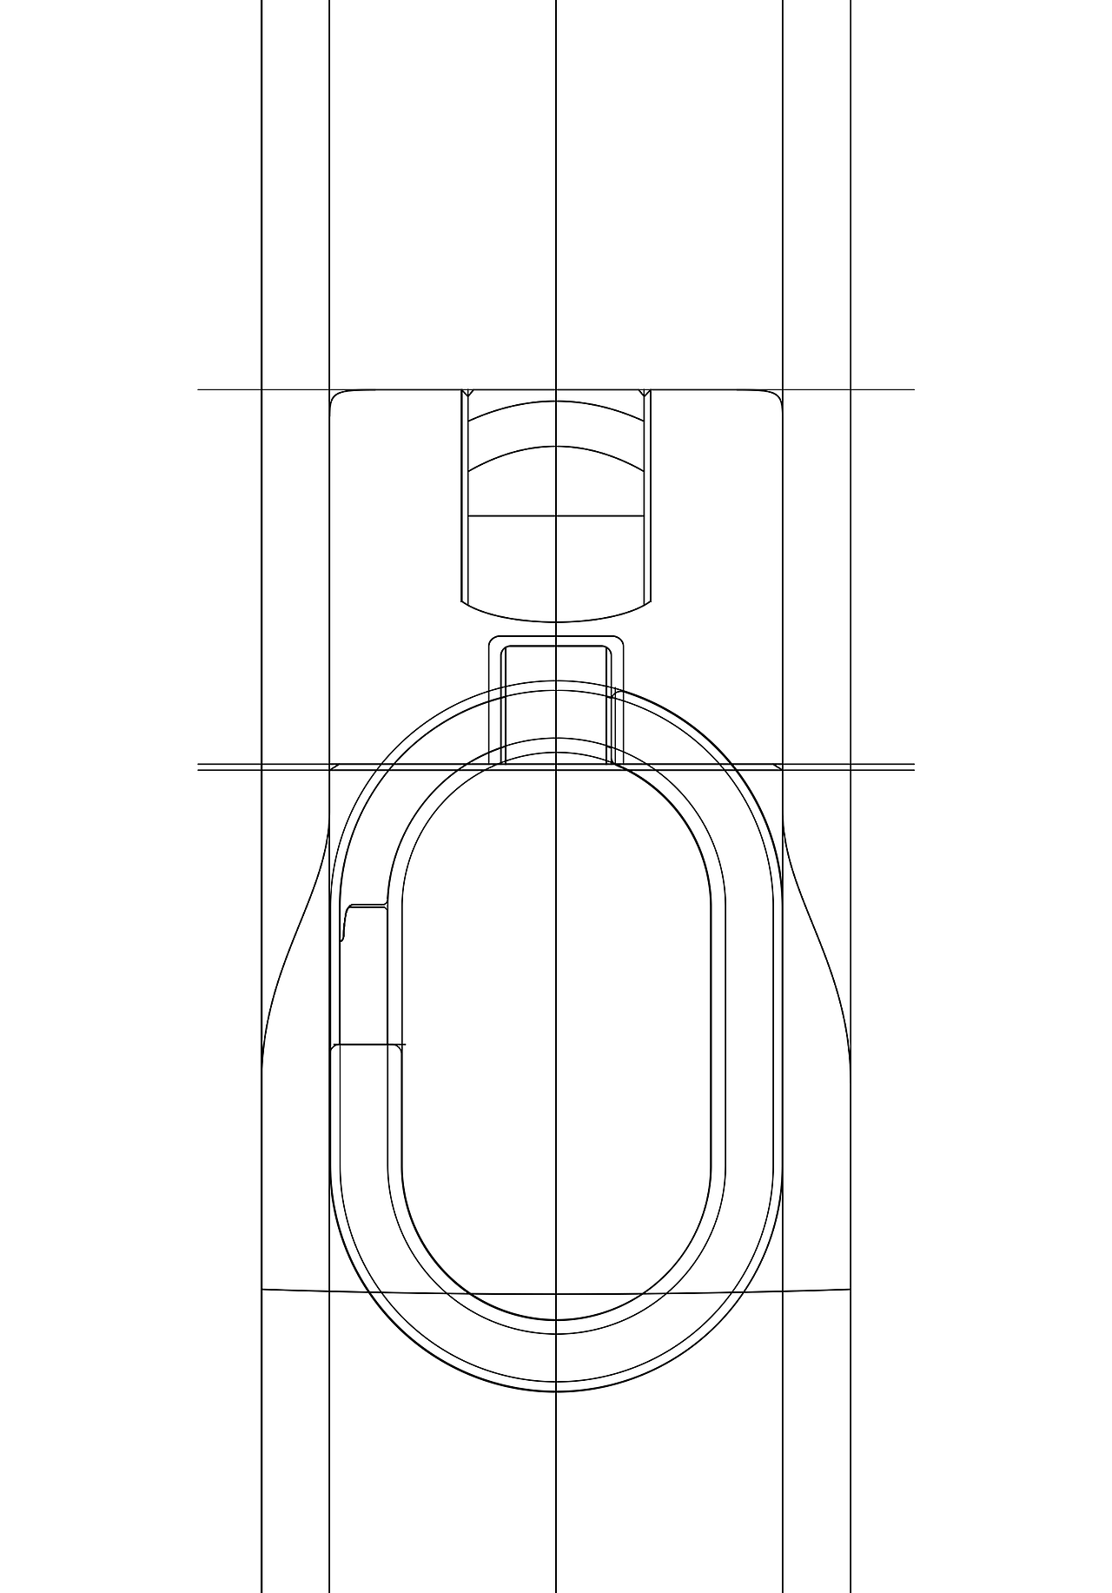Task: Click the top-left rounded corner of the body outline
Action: [x=335, y=395]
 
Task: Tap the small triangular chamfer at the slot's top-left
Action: [x=467, y=393]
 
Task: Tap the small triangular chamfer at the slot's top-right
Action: [x=645, y=393]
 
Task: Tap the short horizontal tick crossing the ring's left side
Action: [x=370, y=1044]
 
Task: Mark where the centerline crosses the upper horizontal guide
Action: [x=556, y=389]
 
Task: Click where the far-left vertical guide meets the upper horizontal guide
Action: [x=261, y=389]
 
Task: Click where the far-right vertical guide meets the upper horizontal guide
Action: [x=851, y=389]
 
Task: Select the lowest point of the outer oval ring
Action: [x=556, y=1391]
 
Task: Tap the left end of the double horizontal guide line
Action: [x=200, y=767]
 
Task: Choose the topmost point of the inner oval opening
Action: [x=556, y=753]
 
